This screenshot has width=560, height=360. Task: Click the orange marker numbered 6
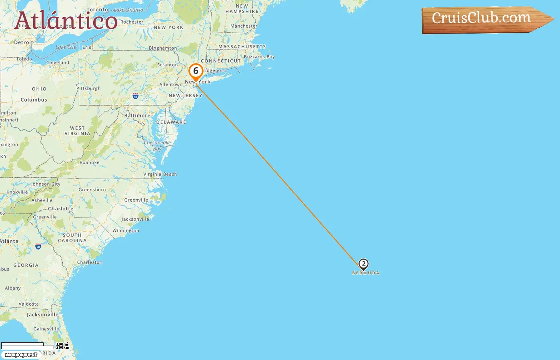(196, 72)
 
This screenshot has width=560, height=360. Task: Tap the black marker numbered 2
(363, 264)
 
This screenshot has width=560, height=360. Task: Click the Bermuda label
(366, 273)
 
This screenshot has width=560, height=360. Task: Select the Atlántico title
(66, 20)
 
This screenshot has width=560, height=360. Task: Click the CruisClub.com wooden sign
(484, 19)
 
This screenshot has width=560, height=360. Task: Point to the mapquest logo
(21, 355)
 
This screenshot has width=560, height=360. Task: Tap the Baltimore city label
(137, 116)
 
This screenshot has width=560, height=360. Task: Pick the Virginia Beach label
(160, 174)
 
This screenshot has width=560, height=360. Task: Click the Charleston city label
(90, 262)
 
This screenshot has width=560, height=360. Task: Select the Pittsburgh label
(88, 88)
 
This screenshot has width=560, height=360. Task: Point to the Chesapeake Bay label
(157, 146)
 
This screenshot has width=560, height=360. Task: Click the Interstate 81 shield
(136, 96)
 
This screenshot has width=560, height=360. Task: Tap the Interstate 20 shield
(38, 246)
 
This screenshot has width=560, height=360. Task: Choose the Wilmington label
(126, 230)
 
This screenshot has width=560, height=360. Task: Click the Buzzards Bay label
(259, 57)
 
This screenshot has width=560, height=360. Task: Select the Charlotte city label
(61, 209)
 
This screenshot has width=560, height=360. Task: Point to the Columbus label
(34, 100)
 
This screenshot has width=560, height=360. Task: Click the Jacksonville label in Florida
(42, 315)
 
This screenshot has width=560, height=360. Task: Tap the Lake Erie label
(66, 47)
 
